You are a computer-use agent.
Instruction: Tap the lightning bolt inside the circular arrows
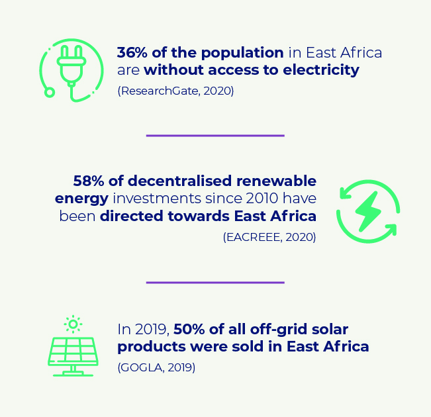pos(368,211)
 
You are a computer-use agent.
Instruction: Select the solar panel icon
pos(73,357)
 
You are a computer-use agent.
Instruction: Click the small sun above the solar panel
pos(73,324)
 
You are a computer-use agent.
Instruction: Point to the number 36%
pos(132,52)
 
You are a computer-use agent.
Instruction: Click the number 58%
pos(89,181)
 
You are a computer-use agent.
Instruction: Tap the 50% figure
pos(189,329)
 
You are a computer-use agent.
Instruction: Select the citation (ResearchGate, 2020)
pos(175,91)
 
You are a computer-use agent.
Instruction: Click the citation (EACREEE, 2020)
pos(269,237)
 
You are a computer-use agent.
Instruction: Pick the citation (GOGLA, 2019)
pos(156,367)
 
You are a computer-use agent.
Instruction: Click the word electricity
pos(321,69)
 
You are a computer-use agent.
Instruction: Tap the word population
pos(242,53)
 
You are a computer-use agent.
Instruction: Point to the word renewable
pos(276,181)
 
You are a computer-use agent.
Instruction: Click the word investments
pos(157,198)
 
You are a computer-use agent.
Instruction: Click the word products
pos(152,347)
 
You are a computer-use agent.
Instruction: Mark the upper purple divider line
pos(215,136)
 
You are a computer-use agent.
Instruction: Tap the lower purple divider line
pos(215,283)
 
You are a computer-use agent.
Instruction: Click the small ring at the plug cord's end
pos(50,93)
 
